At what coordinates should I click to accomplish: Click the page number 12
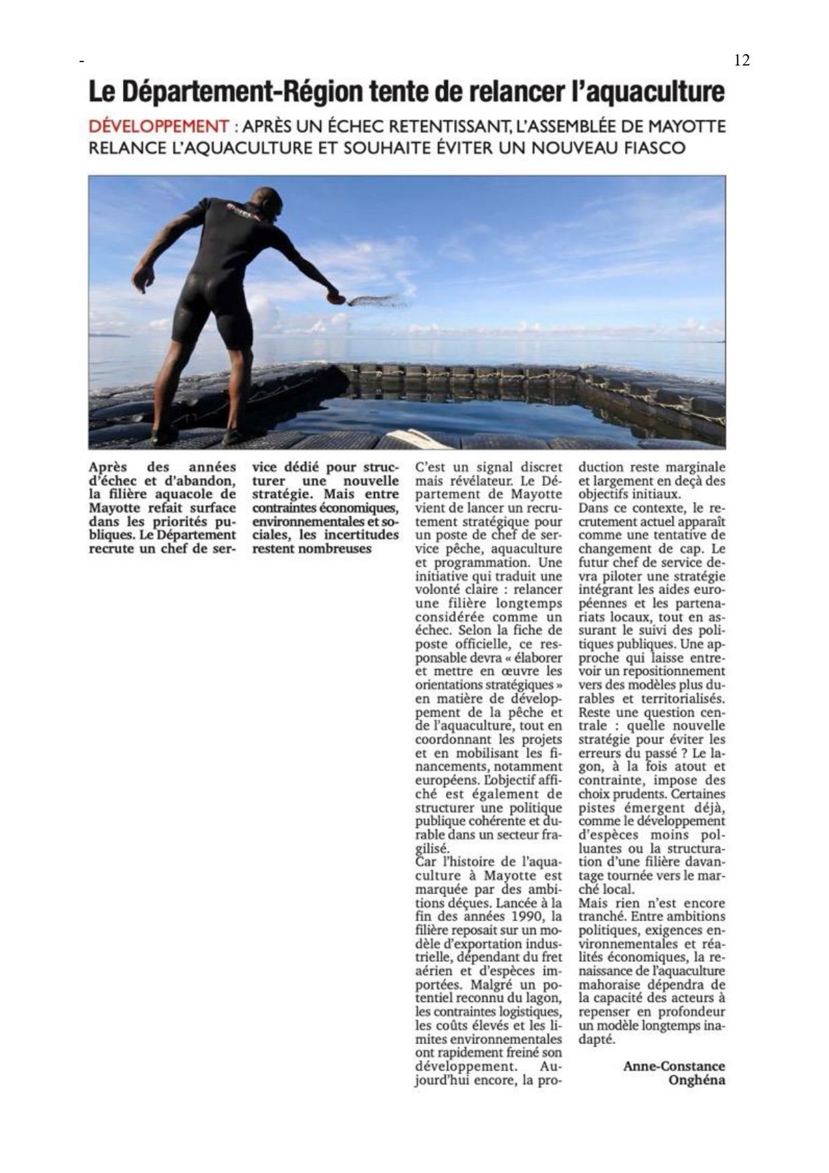point(741,60)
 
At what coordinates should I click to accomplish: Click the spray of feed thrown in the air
point(378,301)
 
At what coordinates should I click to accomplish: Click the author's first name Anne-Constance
point(674,1066)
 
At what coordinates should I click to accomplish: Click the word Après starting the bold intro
point(107,467)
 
